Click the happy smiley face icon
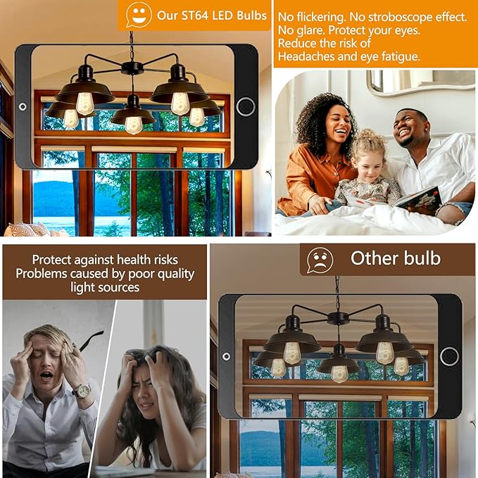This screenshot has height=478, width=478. [139, 14]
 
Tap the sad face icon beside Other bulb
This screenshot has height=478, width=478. [320, 260]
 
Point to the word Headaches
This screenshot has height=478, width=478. [307, 56]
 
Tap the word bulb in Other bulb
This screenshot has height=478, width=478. [422, 258]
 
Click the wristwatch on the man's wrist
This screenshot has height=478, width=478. [82, 391]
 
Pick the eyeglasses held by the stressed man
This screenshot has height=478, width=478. [89, 340]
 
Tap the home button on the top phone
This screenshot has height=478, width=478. [246, 107]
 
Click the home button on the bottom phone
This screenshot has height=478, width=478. [449, 356]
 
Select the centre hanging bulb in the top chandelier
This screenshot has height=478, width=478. [134, 125]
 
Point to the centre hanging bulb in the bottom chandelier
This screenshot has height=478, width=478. [339, 374]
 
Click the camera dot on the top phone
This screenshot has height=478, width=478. [23, 107]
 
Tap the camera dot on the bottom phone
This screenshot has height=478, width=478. [226, 356]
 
